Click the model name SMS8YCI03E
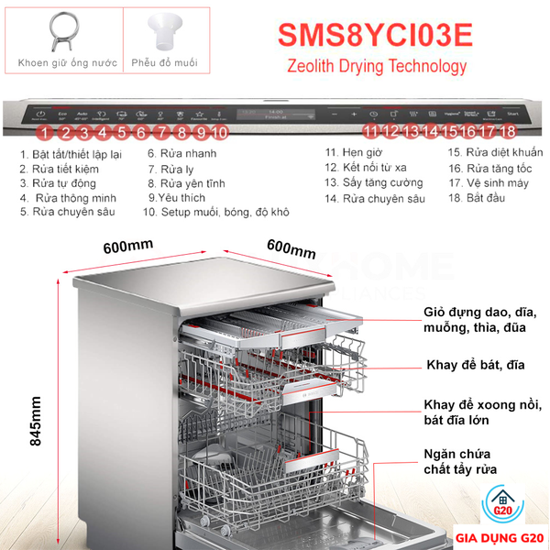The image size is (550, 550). [374, 33]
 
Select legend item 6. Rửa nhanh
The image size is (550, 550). [181, 154]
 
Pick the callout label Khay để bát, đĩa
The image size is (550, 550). [476, 365]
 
